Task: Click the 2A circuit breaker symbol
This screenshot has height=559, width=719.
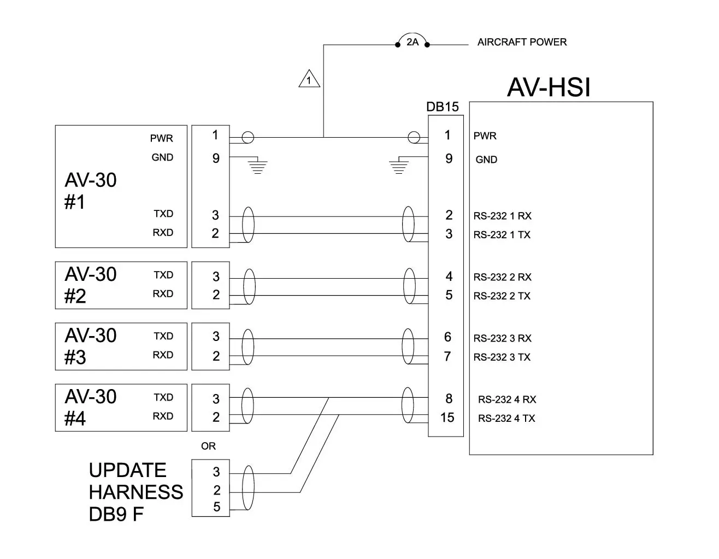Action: pos(412,42)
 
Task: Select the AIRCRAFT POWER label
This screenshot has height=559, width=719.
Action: pos(522,42)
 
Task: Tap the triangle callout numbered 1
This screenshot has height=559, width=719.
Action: pos(309,80)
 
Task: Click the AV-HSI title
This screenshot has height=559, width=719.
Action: pos(549,87)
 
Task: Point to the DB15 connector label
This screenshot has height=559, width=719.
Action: pos(443,107)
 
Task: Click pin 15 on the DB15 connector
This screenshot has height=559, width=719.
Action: pos(447,418)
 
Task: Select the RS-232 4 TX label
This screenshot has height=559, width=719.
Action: pos(506,419)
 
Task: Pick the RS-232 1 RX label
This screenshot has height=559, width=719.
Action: pos(502,216)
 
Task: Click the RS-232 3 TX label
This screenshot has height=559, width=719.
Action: pos(502,357)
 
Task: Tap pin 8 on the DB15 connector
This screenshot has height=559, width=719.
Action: pos(449,399)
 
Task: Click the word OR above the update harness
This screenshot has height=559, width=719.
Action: pos(208,446)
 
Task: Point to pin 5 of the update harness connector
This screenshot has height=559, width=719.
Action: pos(216,507)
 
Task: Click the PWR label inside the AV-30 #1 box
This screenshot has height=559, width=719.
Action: pos(162,139)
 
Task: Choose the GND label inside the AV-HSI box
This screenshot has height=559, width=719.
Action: pos(486,160)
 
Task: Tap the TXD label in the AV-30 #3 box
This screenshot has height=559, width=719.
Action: pos(163,336)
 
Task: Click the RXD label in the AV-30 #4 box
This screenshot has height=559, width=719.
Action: pos(163,416)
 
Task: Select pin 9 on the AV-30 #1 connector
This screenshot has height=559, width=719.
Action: pos(216,158)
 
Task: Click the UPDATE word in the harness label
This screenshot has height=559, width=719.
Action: pos(127,470)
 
